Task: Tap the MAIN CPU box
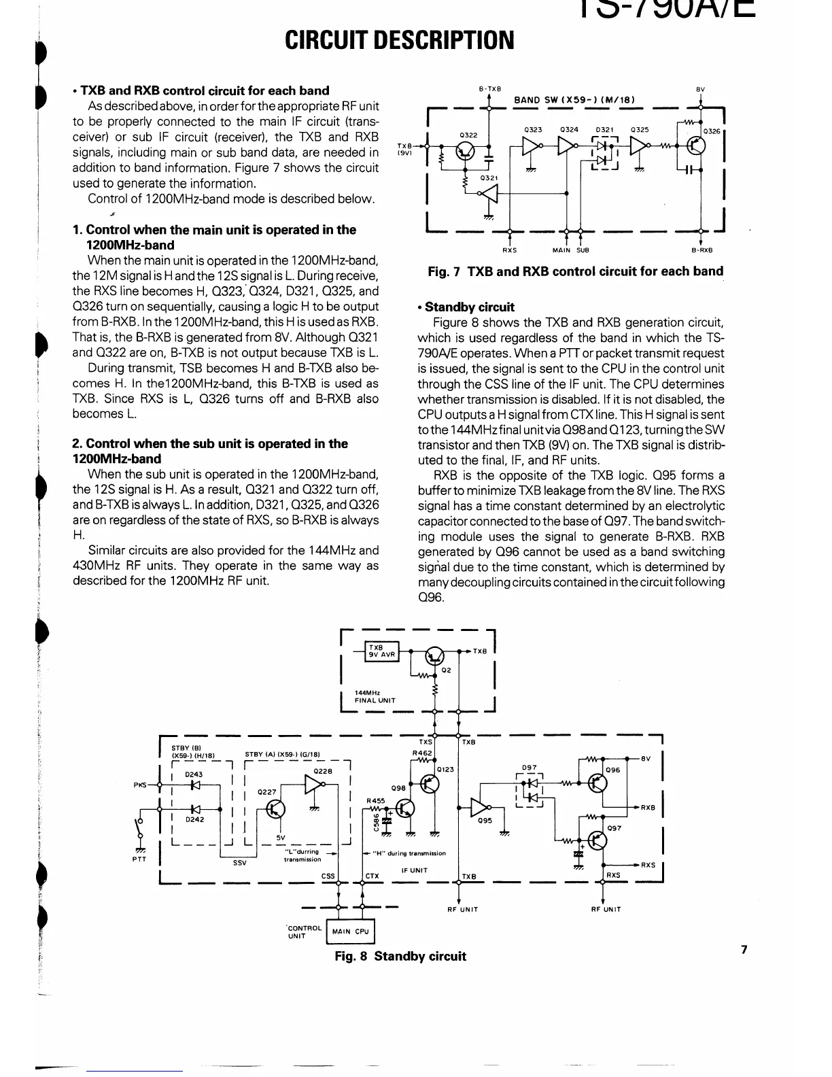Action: tap(351, 931)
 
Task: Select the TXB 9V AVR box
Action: tap(382, 651)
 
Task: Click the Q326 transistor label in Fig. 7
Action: tap(711, 131)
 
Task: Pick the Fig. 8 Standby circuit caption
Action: tap(400, 956)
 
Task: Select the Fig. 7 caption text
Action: tap(575, 271)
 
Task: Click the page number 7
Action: tap(744, 950)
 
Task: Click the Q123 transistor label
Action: tap(445, 769)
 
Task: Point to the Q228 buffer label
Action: tap(322, 770)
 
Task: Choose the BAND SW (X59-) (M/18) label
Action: tap(574, 100)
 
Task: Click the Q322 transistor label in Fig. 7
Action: tap(468, 135)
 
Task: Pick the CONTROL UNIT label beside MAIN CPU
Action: tap(304, 931)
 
